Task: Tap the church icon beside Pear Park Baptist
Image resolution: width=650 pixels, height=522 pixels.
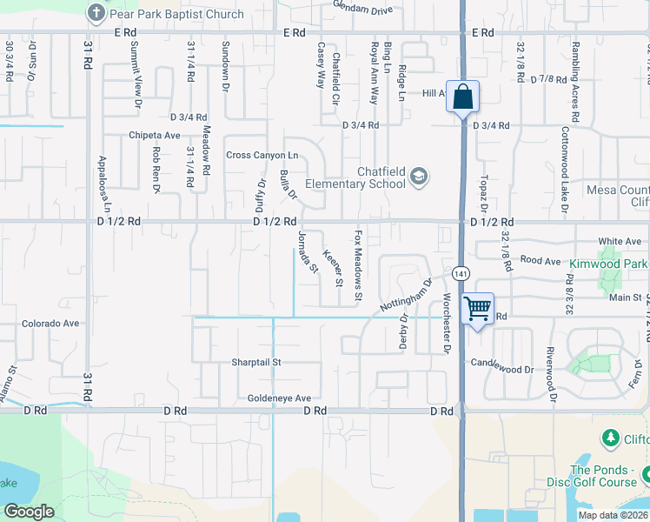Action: [96, 12]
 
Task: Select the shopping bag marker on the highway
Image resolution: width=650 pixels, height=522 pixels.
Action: [463, 97]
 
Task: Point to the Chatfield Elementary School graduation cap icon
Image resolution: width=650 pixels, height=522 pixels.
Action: [419, 177]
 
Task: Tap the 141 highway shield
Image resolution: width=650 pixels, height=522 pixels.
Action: [461, 273]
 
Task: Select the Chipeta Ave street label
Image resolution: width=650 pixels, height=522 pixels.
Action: [154, 135]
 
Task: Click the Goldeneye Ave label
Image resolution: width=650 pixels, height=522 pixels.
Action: [279, 398]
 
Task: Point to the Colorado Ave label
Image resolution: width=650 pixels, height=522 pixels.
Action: [50, 323]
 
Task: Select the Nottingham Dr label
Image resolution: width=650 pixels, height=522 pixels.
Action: [406, 295]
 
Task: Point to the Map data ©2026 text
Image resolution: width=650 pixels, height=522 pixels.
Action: [614, 515]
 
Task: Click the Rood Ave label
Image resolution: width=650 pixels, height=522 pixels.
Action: [541, 260]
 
